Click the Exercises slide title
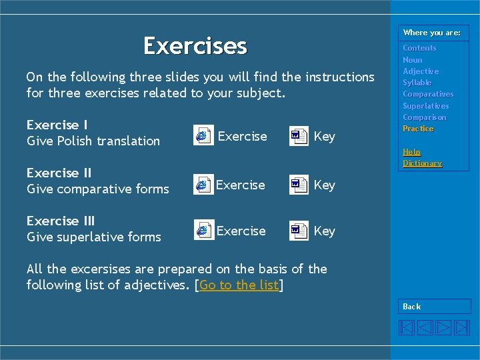coord(195,46)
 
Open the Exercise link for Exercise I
coord(242,136)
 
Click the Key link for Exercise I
coord(324,136)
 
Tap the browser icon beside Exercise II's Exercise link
coord(203,185)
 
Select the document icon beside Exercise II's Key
coord(299,185)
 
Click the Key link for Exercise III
coord(324,231)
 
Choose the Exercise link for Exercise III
coord(241,231)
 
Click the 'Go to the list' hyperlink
coord(239,285)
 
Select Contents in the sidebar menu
coord(419,48)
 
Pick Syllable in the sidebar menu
coord(417,83)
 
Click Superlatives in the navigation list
coord(425,106)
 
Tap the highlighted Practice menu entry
coord(418,129)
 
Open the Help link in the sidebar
coord(411,152)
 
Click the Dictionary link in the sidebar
coord(422,163)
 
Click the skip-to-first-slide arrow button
coord(407,327)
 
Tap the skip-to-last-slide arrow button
coord(462,327)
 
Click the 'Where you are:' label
coord(431,33)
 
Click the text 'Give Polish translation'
coord(93,141)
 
